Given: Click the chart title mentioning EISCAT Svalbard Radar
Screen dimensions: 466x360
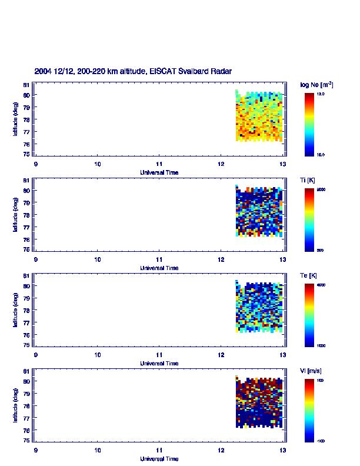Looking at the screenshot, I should click(x=133, y=71).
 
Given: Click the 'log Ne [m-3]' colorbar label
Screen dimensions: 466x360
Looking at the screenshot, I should click(x=317, y=85).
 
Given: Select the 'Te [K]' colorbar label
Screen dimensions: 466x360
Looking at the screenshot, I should click(x=309, y=275).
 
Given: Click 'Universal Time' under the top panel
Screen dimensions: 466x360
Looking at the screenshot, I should click(x=159, y=172).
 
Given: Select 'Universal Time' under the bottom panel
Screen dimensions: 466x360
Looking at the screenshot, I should click(x=159, y=458).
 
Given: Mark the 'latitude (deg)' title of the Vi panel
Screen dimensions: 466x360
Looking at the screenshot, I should click(x=15, y=405).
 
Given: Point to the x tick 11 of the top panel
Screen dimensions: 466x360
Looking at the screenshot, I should click(x=159, y=164).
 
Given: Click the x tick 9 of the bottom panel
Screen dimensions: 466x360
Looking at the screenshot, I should click(x=36, y=450).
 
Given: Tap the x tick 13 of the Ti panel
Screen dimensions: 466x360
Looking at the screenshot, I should click(x=283, y=259).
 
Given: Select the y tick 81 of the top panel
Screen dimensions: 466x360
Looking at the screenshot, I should click(x=26, y=85).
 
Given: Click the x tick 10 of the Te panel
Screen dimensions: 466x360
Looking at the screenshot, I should click(x=98, y=355).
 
